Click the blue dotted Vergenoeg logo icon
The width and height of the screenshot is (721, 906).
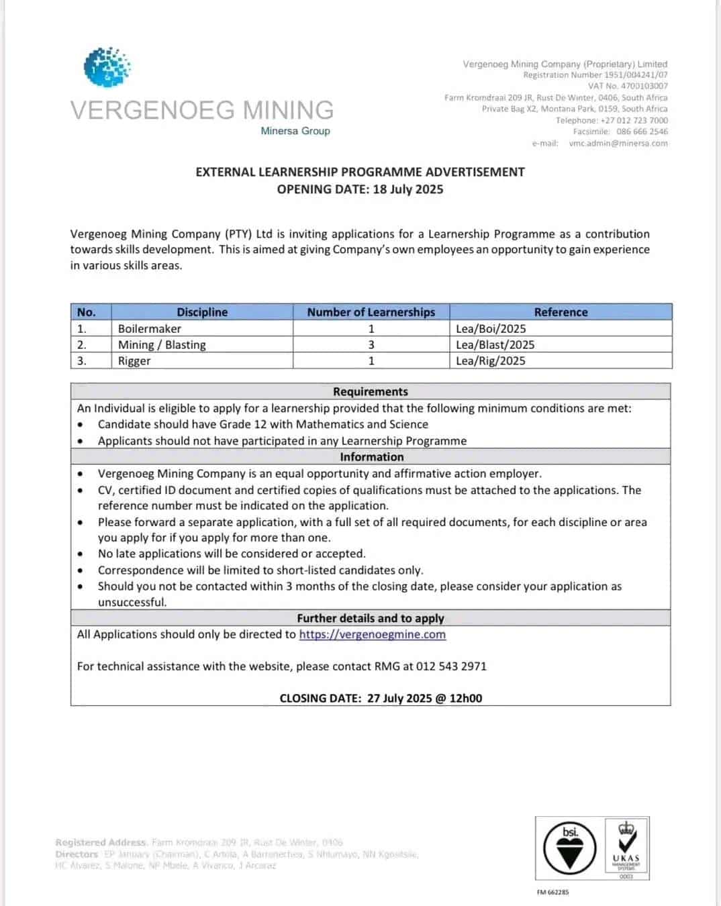coord(107,66)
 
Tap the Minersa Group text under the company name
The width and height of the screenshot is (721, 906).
coord(295,131)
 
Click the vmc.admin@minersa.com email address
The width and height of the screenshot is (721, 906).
coord(618,143)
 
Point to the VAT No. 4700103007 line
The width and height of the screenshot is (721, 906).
coord(628,86)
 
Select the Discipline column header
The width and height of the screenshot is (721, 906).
coord(202,312)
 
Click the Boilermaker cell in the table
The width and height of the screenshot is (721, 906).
coord(150,329)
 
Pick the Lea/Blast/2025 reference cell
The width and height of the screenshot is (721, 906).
coord(495,345)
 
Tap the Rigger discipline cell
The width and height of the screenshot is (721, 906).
coord(134,361)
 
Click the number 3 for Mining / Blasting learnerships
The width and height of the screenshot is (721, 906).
coord(371,345)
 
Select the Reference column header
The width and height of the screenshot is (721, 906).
coord(561,312)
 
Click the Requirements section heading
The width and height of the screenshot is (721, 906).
coord(371,392)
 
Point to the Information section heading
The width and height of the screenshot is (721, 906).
coord(371,457)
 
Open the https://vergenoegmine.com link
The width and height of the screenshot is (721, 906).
coord(373,635)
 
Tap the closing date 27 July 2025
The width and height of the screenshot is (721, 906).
coord(399,699)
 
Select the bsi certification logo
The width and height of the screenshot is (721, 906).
coord(570,848)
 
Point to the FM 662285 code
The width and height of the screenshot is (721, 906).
coord(552,893)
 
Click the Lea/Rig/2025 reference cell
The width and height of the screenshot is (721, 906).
coord(491,361)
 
